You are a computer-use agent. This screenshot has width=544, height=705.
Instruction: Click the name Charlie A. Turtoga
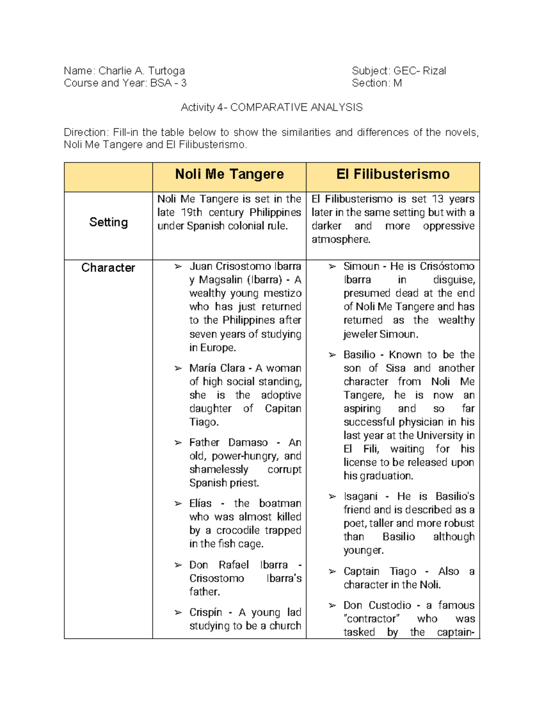141,71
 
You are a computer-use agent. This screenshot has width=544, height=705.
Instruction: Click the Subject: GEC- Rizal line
398,71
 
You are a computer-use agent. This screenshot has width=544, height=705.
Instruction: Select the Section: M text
377,83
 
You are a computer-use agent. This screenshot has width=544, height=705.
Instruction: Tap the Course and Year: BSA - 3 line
125,83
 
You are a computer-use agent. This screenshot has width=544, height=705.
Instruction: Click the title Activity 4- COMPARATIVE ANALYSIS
272,108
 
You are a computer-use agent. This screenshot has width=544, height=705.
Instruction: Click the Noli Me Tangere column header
229,174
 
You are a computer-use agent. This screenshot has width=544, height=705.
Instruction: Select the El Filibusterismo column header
393,174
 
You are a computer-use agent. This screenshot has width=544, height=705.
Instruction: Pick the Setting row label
108,222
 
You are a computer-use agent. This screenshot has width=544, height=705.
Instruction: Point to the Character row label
108,268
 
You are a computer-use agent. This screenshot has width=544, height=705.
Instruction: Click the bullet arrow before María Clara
178,368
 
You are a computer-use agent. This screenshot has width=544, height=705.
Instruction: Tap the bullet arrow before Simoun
332,266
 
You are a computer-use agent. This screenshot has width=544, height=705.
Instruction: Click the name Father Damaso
228,443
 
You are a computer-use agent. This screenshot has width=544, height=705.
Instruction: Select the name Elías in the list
200,503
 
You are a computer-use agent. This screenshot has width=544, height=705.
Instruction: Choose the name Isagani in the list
360,497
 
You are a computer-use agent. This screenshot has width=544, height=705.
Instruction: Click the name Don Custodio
377,606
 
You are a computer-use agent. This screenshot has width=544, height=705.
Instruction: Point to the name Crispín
205,612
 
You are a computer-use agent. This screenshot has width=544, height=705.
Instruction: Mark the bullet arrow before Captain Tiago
332,572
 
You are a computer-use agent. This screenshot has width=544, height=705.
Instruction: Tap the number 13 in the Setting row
437,199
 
